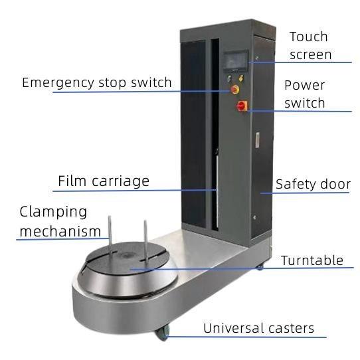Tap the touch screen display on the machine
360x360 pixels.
coord(236,60)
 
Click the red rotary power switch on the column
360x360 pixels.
coord(242,106)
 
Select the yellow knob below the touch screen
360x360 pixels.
coord(241,78)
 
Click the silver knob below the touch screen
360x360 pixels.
coord(229,78)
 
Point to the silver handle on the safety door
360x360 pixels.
coord(258,140)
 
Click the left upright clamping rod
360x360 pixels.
coord(110,235)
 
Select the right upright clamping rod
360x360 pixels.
coord(145,240)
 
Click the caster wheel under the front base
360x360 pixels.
coord(163,333)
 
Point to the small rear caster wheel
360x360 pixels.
coord(260,267)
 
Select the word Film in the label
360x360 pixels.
coord(73,181)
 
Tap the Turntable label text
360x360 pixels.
coord(312,260)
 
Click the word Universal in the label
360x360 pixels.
coord(234,328)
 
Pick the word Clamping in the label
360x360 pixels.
coord(53,212)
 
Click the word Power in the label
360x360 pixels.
coord(304,85)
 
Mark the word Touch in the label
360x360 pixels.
coord(309,37)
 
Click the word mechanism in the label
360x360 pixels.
coord(60,231)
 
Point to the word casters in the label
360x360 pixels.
coord(291,328)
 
